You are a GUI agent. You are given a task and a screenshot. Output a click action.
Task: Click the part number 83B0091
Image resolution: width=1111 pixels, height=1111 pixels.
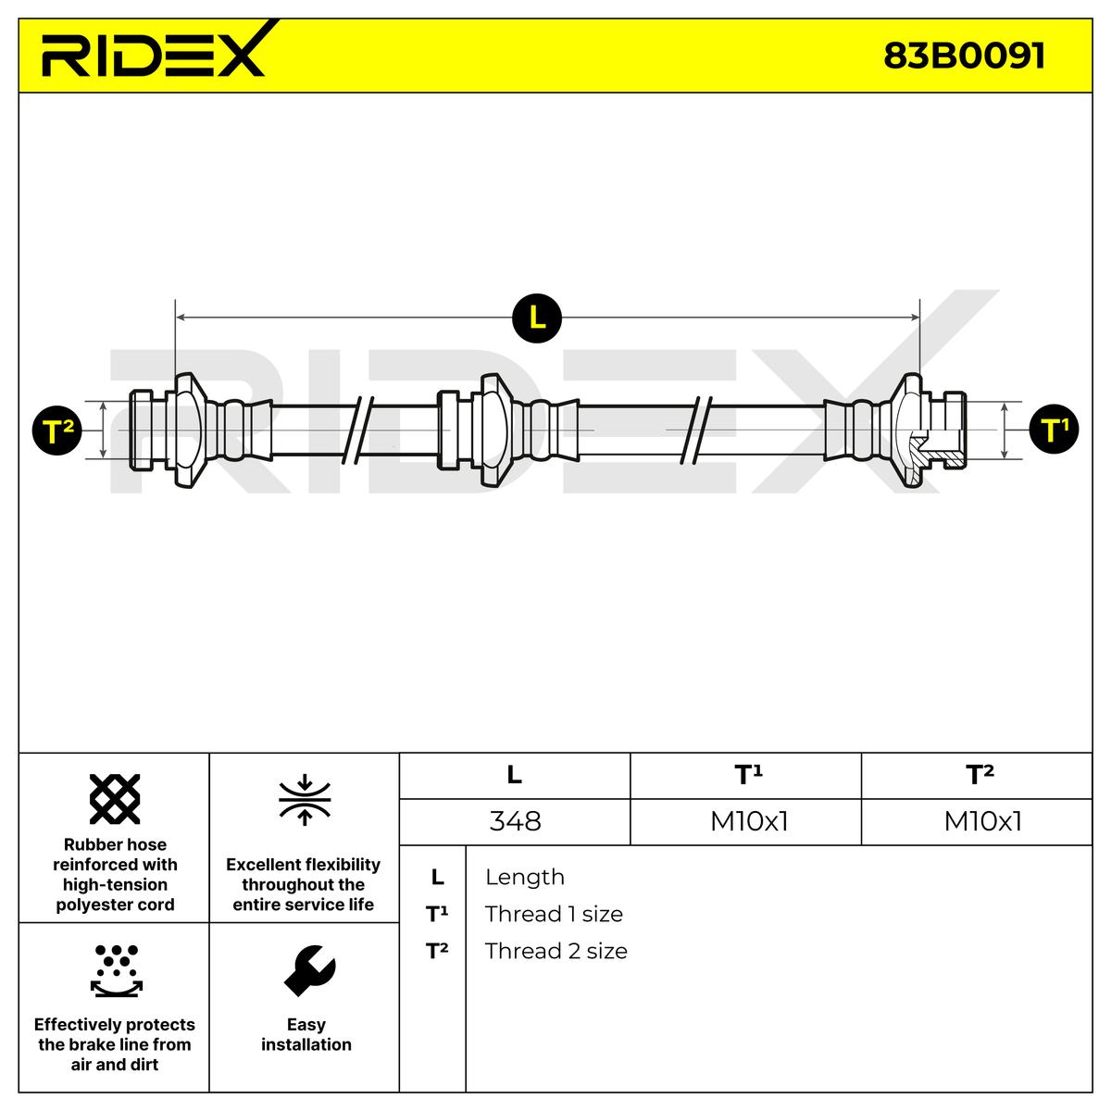point(964,56)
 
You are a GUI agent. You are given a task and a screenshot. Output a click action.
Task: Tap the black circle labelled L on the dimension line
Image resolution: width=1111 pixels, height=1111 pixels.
point(537,318)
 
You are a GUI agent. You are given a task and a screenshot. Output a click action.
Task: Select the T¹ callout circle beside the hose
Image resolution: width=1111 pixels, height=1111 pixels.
point(1054,430)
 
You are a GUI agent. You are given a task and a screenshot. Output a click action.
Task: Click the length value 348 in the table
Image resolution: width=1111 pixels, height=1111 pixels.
point(515,821)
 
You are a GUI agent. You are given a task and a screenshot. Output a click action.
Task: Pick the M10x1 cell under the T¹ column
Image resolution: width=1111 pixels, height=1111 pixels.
point(748,821)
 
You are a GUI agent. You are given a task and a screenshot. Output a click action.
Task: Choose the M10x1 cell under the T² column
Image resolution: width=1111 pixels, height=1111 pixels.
point(982,821)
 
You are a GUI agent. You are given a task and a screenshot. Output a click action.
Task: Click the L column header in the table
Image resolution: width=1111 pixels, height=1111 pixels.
point(515,775)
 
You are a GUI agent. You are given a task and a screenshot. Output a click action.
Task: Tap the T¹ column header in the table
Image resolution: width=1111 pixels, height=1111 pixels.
point(747,775)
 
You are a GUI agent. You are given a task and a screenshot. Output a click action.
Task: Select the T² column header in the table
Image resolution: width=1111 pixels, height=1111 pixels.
point(980,775)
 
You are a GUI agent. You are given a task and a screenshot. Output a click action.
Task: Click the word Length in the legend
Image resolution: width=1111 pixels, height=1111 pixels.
point(524,877)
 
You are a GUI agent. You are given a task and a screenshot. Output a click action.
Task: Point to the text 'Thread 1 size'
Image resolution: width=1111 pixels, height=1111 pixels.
point(554,914)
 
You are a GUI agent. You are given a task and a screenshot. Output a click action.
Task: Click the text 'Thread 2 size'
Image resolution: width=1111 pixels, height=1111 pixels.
point(555,951)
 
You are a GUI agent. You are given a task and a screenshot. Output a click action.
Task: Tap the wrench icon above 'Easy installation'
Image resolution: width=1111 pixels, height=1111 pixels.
point(308,970)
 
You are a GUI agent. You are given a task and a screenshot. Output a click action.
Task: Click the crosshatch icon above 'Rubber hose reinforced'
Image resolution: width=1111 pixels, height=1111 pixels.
point(115,798)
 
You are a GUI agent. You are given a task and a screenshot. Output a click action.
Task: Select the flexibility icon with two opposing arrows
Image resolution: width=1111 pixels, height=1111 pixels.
point(305,800)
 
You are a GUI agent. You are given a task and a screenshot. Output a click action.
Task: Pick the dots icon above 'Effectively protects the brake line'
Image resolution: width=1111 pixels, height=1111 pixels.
point(116,970)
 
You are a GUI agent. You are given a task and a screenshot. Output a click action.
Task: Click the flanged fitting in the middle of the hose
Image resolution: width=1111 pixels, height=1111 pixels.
point(491,430)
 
